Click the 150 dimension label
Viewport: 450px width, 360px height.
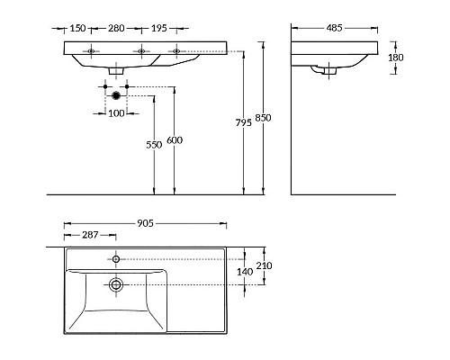(x=77, y=28)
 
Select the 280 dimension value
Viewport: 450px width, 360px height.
(x=116, y=28)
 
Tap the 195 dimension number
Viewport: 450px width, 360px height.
(x=158, y=28)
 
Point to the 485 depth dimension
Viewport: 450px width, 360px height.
(x=334, y=28)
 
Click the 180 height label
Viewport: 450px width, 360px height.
(x=396, y=58)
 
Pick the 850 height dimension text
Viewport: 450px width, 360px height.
(x=263, y=118)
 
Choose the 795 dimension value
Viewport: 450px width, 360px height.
(x=244, y=122)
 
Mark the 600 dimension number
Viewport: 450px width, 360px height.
(x=175, y=140)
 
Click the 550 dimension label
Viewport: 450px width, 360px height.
(x=154, y=145)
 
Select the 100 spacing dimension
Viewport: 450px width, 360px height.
(x=116, y=113)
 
